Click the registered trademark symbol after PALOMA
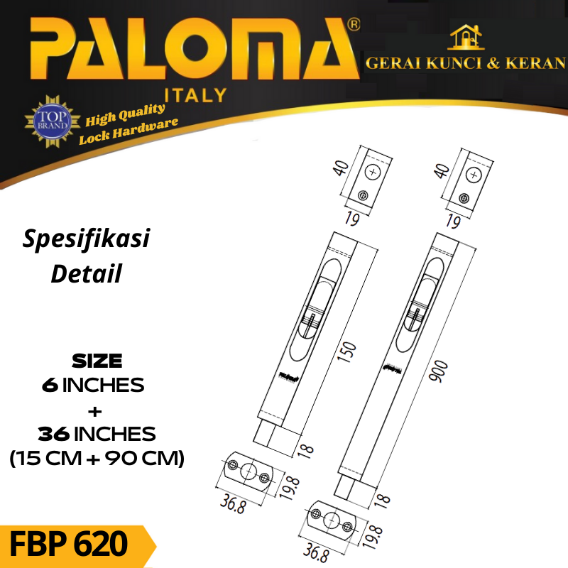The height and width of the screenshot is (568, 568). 354,25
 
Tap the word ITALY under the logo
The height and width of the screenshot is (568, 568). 196,96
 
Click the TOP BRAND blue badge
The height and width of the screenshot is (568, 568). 53,121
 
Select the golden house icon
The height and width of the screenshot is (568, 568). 466,37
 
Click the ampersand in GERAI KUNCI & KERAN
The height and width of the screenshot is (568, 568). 493,63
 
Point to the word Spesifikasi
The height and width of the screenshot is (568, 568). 86,239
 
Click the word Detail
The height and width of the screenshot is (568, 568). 86,273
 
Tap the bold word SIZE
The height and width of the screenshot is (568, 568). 97,361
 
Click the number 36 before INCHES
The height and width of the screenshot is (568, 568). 54,434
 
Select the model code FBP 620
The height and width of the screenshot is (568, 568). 68,544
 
